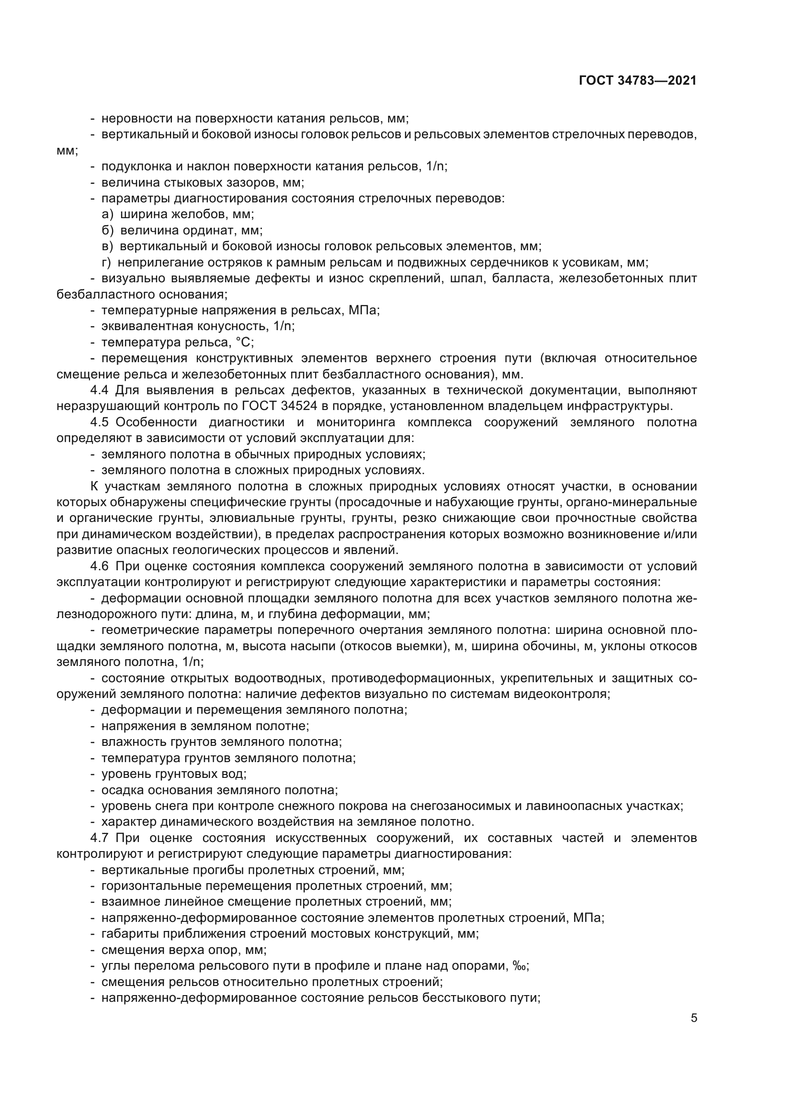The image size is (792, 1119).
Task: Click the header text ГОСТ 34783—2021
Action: click(x=637, y=81)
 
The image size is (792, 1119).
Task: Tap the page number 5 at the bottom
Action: click(x=693, y=1018)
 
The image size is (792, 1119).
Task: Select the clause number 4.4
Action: click(x=102, y=390)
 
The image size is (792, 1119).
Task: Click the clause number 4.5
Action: click(x=102, y=422)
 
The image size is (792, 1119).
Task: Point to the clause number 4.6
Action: click(x=102, y=566)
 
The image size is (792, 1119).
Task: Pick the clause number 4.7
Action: click(x=102, y=838)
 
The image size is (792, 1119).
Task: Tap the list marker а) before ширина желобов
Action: click(x=107, y=214)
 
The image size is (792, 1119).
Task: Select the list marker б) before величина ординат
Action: click(x=107, y=230)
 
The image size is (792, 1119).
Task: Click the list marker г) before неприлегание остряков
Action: click(x=106, y=262)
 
